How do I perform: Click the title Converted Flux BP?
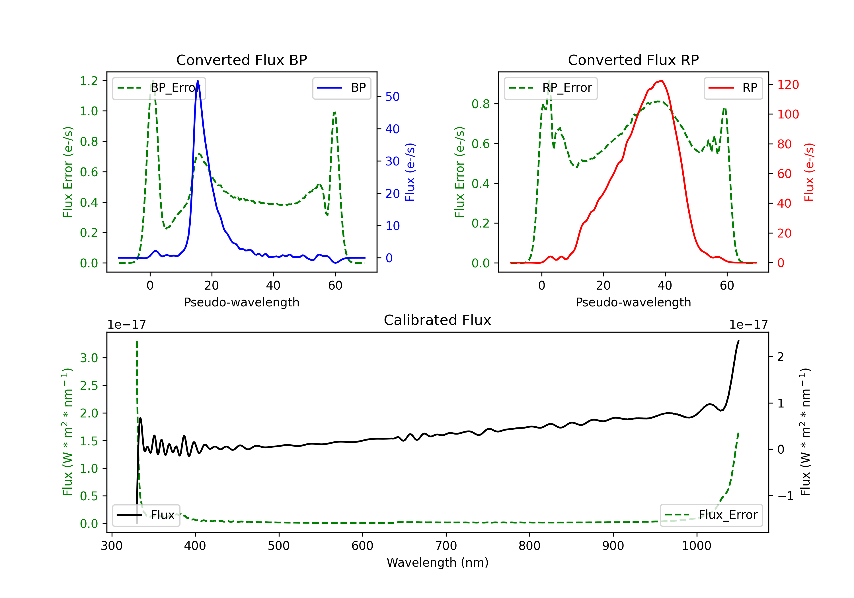tap(241, 60)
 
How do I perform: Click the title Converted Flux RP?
tap(633, 60)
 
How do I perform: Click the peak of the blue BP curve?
tap(198, 81)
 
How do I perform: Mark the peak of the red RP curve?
tap(661, 81)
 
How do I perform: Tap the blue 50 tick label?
tap(392, 97)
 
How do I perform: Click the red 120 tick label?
tap(788, 85)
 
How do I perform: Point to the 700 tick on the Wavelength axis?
tap(446, 546)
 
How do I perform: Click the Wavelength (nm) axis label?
tap(438, 562)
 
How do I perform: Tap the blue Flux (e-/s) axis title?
tap(410, 172)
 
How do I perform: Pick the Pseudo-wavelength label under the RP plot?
tap(633, 302)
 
